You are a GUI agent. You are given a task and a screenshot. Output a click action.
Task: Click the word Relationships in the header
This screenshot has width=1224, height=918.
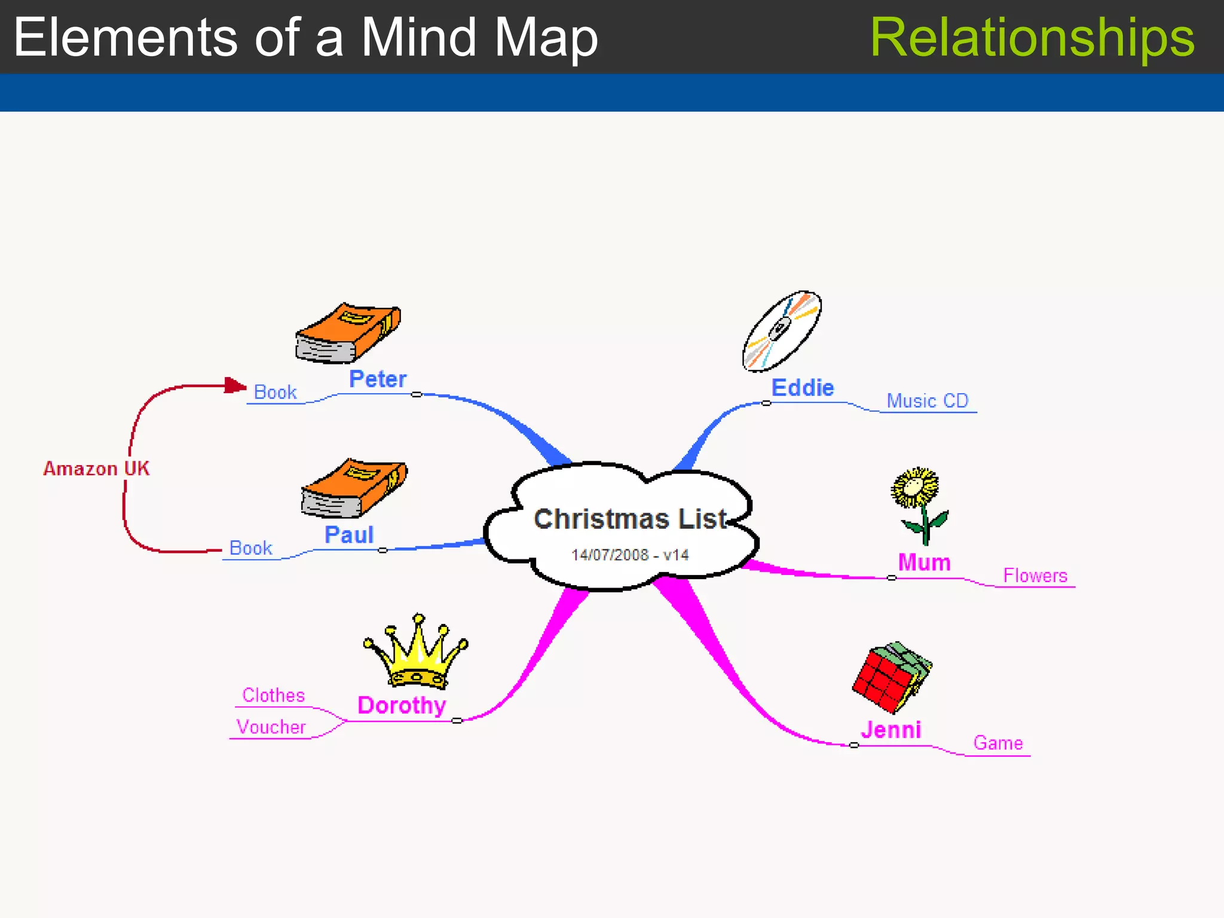[1032, 37]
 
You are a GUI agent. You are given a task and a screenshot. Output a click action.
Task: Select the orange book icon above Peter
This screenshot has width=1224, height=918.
[348, 333]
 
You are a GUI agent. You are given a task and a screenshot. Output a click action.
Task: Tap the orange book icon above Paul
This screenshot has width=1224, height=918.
[354, 488]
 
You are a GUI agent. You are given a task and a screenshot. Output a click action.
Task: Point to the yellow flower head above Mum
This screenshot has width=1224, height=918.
[914, 486]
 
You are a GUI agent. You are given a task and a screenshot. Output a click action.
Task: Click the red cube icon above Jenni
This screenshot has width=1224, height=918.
[891, 678]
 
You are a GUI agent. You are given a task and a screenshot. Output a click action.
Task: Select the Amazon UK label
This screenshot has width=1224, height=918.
[96, 469]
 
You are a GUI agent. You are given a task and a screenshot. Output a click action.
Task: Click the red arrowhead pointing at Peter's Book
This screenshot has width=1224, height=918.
[235, 386]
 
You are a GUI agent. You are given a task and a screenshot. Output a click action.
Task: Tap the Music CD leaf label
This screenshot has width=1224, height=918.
[927, 401]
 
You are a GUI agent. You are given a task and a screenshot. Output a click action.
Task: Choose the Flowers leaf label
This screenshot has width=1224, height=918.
[1035, 576]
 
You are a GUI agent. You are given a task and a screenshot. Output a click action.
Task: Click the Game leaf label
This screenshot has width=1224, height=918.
[997, 743]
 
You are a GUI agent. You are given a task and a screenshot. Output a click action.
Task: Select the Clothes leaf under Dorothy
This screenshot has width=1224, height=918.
[273, 695]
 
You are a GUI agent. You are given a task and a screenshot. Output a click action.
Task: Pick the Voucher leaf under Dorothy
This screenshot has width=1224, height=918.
[271, 727]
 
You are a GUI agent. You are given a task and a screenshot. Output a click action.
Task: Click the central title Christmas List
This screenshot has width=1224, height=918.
[630, 519]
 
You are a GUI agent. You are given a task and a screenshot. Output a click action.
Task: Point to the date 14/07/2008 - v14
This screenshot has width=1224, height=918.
[630, 555]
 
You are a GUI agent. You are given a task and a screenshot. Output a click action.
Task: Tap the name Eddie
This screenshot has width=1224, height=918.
[802, 388]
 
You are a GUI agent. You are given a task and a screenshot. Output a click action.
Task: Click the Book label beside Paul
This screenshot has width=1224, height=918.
[250, 547]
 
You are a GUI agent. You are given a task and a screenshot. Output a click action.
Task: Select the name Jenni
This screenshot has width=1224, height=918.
[891, 730]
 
